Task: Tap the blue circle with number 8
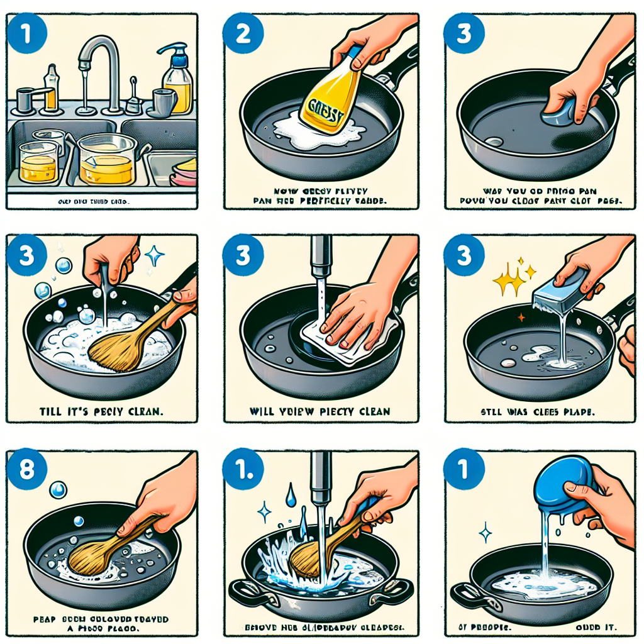[x=25, y=469]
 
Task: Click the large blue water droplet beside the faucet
[x=290, y=496]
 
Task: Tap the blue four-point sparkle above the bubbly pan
[x=153, y=255]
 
